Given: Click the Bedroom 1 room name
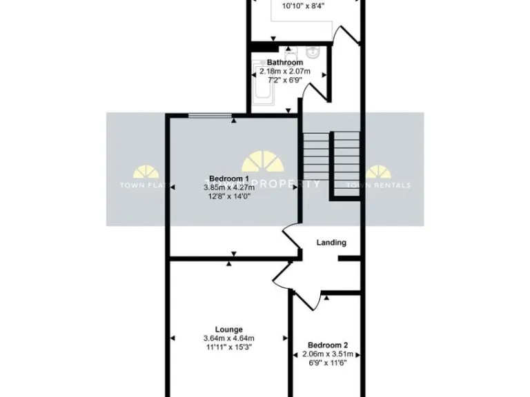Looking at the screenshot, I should pyautogui.click(x=229, y=178).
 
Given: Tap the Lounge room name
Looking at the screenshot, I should pyautogui.click(x=228, y=329).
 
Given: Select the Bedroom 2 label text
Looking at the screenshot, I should pyautogui.click(x=327, y=345).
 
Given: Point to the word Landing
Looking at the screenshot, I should pyautogui.click(x=331, y=243).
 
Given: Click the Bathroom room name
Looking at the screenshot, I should pyautogui.click(x=285, y=63).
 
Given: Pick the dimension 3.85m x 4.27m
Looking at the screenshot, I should pyautogui.click(x=229, y=187).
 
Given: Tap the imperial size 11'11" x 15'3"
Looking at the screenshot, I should pyautogui.click(x=228, y=347).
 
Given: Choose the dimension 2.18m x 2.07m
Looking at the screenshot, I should pyautogui.click(x=285, y=72).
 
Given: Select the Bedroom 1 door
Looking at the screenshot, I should pyautogui.click(x=291, y=241).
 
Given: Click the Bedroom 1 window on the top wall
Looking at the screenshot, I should pyautogui.click(x=211, y=116).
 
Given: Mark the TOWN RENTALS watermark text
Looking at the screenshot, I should pyautogui.click(x=377, y=185).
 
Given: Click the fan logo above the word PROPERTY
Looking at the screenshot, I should pyautogui.click(x=262, y=161).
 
